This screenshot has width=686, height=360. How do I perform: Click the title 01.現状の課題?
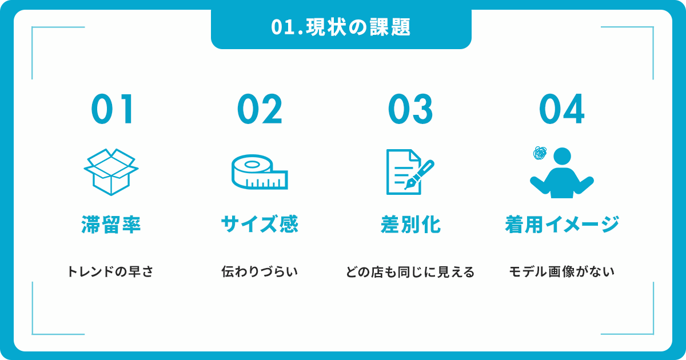[x=341, y=27]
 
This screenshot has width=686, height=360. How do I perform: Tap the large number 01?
[x=113, y=109]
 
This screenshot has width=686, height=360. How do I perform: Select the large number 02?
[x=260, y=109]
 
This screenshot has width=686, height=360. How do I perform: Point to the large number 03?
[x=410, y=109]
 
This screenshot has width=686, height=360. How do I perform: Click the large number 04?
[x=561, y=109]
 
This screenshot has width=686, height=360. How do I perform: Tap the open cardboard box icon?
[x=111, y=172]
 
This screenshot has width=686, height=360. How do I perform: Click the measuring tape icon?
[x=260, y=172]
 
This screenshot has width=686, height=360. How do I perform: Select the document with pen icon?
[x=410, y=172]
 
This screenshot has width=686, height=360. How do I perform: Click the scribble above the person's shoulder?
[x=540, y=153]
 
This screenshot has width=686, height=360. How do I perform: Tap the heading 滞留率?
[x=111, y=225]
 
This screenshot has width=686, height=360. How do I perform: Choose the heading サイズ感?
[x=260, y=225]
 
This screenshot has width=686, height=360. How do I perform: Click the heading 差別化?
[x=410, y=225]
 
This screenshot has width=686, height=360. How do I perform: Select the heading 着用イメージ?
[x=562, y=225]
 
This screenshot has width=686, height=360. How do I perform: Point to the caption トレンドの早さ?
[x=110, y=271]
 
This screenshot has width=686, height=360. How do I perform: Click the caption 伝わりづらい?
[x=260, y=271]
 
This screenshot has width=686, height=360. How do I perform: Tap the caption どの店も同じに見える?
[x=410, y=272]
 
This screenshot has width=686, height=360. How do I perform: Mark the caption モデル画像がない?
[x=561, y=271]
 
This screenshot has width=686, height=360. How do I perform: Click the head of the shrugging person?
[x=563, y=156]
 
